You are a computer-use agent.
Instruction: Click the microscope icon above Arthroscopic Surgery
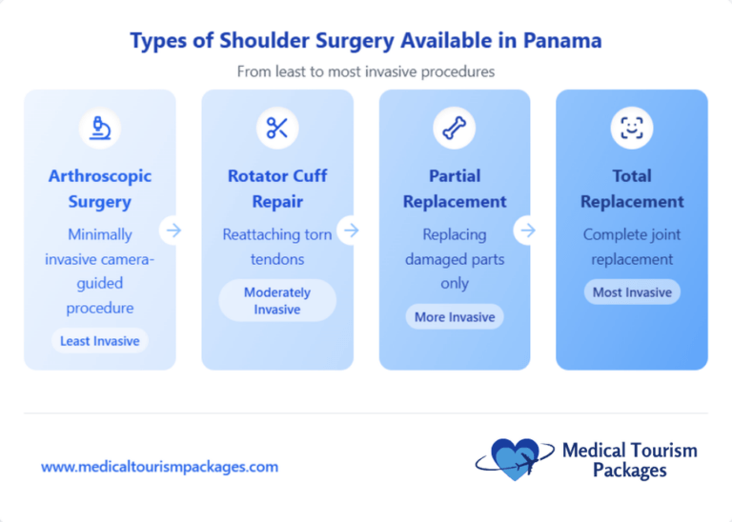(x=99, y=128)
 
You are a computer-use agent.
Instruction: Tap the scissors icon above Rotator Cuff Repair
(x=277, y=128)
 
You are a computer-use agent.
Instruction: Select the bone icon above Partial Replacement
(x=455, y=128)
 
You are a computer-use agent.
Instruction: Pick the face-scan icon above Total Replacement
(x=632, y=128)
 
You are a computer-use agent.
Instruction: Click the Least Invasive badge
(x=99, y=341)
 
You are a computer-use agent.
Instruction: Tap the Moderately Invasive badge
(x=277, y=301)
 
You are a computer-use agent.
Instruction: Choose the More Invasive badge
(x=455, y=317)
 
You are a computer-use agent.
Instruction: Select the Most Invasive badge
(x=632, y=292)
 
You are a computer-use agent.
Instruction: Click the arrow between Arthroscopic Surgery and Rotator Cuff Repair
(x=173, y=230)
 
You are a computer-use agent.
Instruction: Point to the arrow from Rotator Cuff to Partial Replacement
(x=351, y=230)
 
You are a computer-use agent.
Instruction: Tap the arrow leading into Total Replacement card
(x=528, y=230)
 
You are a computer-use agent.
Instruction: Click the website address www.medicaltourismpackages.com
(x=159, y=467)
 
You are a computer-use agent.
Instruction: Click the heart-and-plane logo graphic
(x=516, y=459)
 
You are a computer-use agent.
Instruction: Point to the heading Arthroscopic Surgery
(x=99, y=189)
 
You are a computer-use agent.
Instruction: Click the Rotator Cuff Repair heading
(x=277, y=189)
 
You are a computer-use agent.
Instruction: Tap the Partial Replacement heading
(x=455, y=189)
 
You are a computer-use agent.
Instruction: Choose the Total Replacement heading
(x=632, y=189)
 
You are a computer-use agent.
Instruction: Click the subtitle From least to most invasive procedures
(x=366, y=71)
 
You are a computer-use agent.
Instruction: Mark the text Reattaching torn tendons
(x=277, y=247)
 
